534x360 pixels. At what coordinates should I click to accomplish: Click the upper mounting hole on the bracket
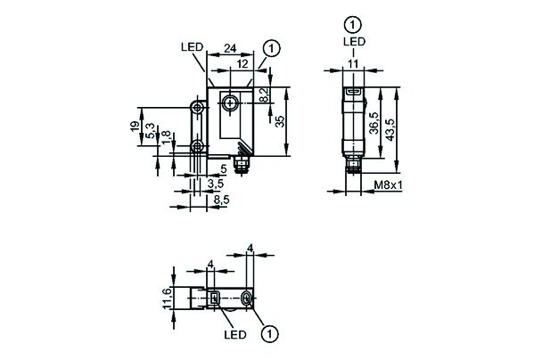click(x=196, y=108)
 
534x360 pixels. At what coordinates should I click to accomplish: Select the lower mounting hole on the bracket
click(x=196, y=147)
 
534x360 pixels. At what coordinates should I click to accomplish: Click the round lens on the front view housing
click(x=231, y=104)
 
